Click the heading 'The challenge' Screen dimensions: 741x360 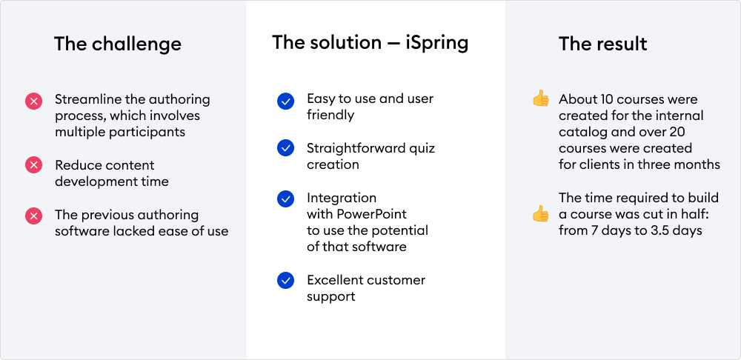click(118, 44)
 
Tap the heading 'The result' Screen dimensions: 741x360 click(602, 44)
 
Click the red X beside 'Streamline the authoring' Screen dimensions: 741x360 click(33, 101)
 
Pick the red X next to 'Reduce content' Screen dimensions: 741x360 click(33, 165)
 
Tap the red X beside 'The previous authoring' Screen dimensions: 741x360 click(33, 216)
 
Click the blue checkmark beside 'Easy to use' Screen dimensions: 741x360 click(285, 101)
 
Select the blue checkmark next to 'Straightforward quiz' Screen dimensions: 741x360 click(285, 148)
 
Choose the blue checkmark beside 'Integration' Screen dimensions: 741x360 click(285, 199)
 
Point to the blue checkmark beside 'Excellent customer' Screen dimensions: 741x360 click(285, 280)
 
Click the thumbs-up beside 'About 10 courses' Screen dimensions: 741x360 click(541, 99)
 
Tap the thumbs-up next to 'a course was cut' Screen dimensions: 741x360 click(541, 213)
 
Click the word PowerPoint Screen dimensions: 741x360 click(371, 214)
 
